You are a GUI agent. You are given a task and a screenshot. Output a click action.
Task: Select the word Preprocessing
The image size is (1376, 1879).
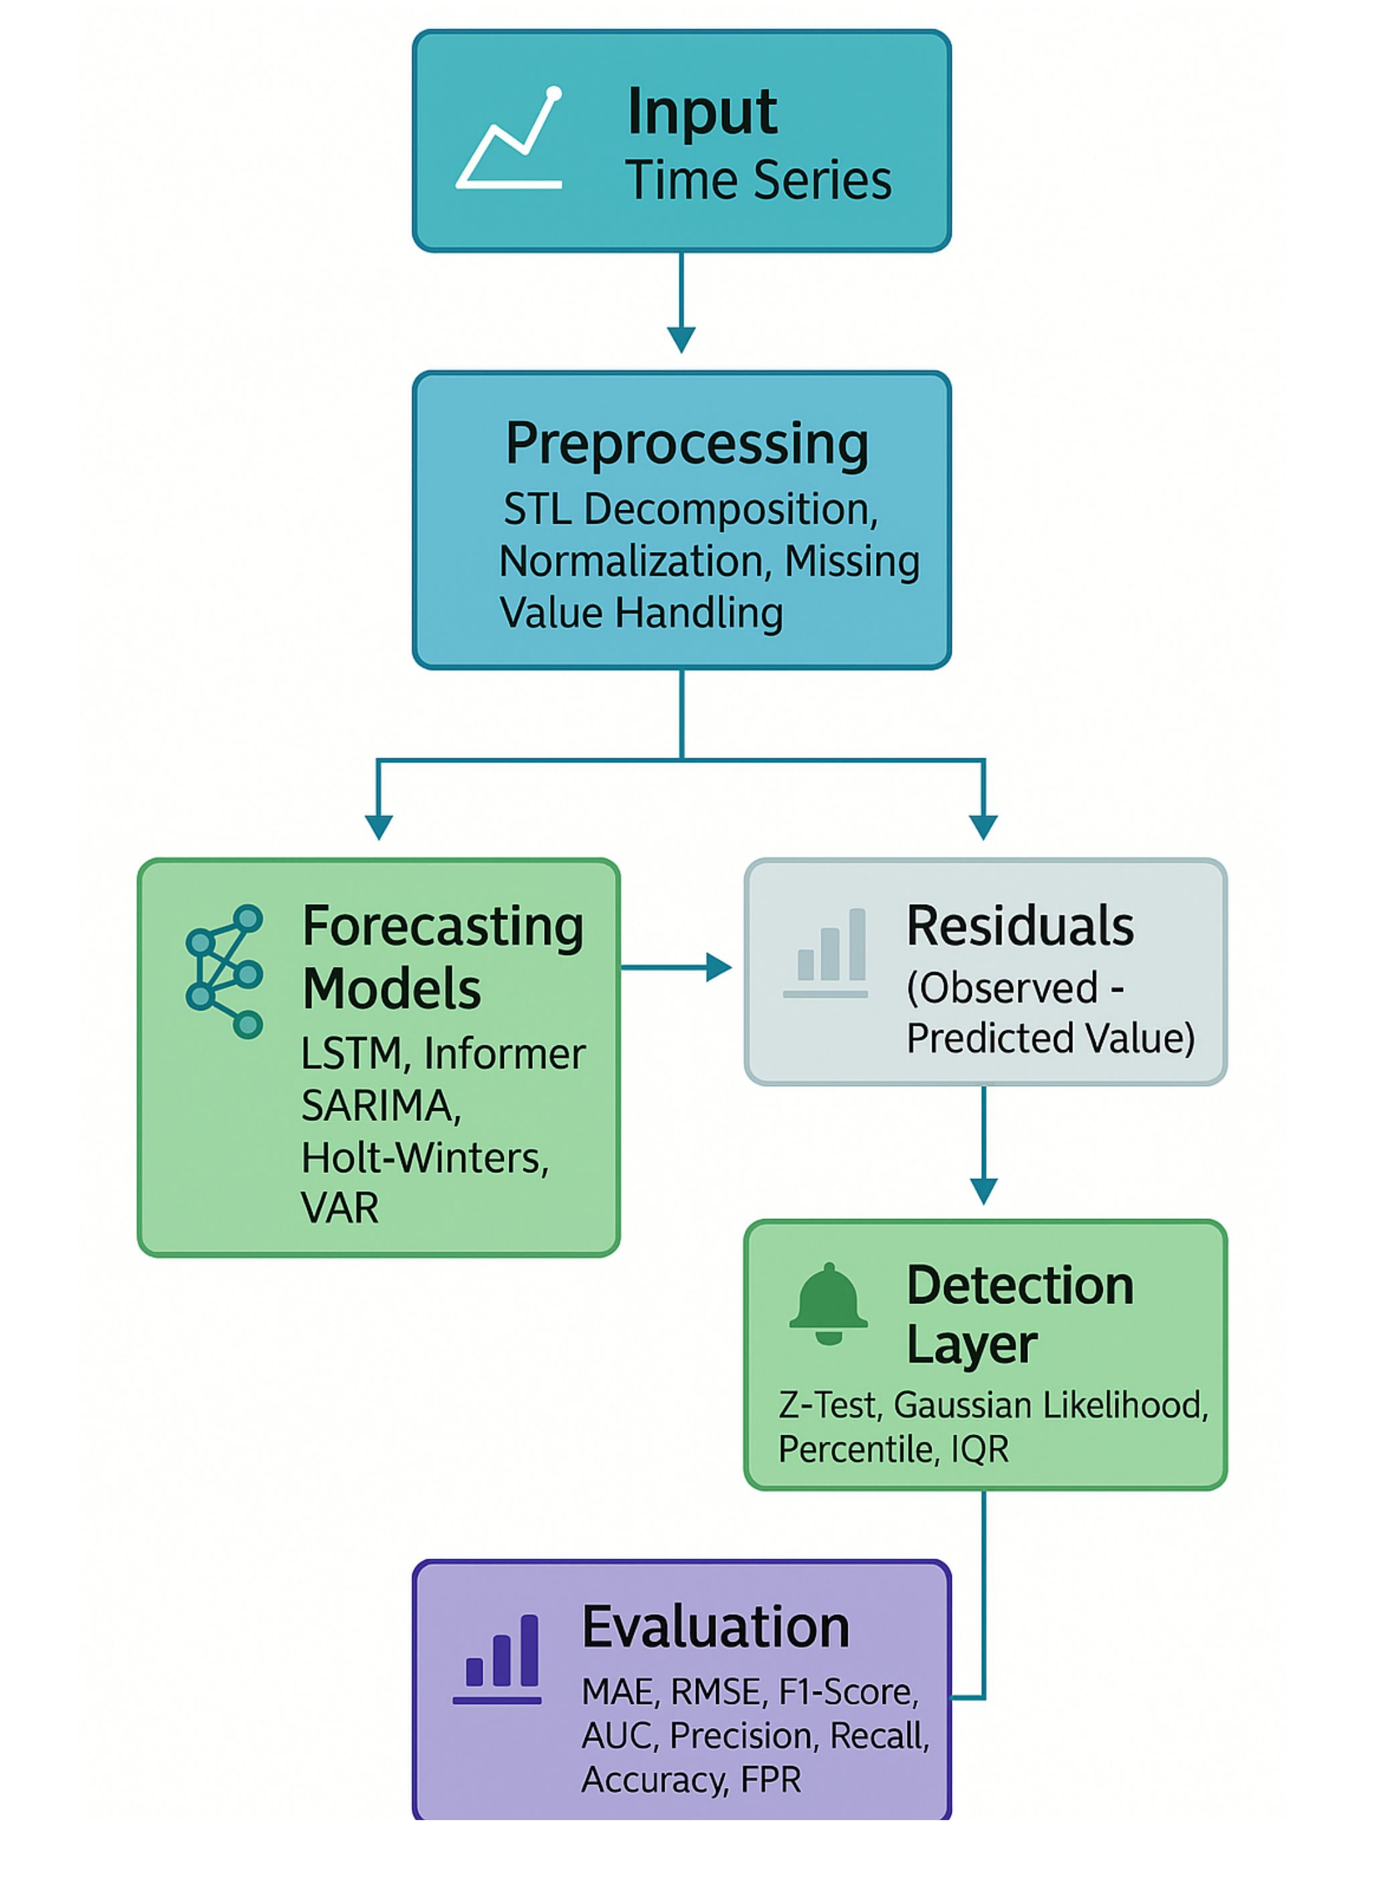[x=687, y=443]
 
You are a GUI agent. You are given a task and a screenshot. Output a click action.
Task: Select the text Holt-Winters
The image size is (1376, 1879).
[x=425, y=1158]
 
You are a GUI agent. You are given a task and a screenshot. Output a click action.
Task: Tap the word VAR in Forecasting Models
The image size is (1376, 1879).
[x=340, y=1209]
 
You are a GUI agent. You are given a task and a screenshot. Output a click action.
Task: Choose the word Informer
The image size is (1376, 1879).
[x=505, y=1055]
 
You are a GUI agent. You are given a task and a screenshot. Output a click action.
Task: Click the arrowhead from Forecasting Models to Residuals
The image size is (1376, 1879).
[x=719, y=967]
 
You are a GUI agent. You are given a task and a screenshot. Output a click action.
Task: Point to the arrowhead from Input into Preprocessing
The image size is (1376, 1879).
[x=681, y=340]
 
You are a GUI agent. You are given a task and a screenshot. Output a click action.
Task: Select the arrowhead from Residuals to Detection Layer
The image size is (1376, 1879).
[x=984, y=1191]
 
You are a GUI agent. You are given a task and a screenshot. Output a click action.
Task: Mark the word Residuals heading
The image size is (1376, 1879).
[x=1019, y=925]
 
